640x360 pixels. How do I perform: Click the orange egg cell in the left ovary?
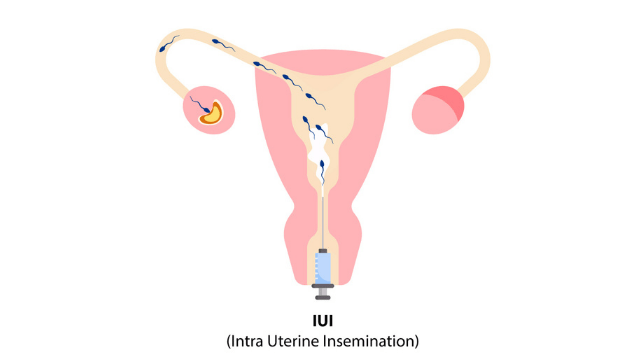pos(212,113)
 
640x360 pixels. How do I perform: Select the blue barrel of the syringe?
pos(322,268)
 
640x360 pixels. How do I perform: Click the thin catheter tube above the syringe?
pos(322,215)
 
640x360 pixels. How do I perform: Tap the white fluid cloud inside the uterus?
pos(319,160)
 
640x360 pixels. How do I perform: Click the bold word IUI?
pos(322,319)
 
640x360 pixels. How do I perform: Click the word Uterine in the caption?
pos(307,340)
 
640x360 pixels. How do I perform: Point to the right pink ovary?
pos(437,110)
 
